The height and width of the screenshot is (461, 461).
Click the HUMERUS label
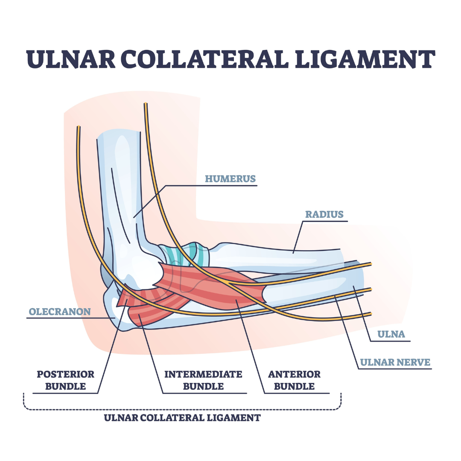[230, 178]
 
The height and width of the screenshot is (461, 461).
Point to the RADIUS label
[324, 214]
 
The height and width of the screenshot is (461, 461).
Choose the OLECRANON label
[60, 312]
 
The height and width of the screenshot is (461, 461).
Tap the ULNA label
[392, 334]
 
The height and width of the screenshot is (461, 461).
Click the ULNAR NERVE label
[395, 362]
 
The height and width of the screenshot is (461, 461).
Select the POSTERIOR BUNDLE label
[65, 380]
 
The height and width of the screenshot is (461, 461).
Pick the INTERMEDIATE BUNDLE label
[203, 380]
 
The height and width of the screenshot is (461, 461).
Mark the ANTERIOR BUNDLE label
[294, 380]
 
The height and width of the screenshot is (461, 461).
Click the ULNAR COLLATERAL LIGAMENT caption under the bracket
[182, 417]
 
